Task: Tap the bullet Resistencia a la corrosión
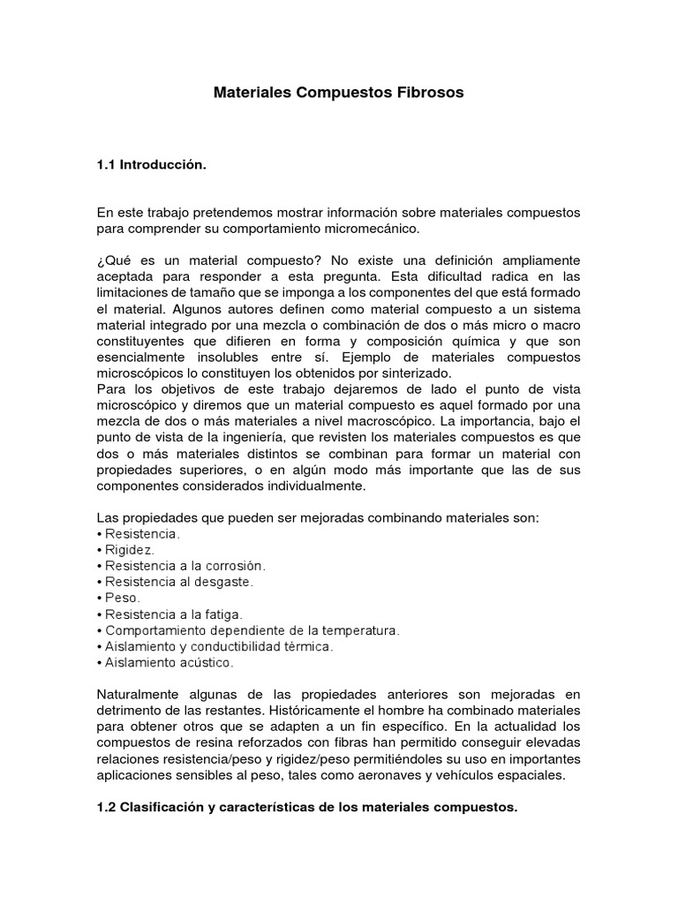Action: coord(185,565)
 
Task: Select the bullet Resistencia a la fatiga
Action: coord(173,613)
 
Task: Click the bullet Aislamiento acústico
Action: coord(169,660)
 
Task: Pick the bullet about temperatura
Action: coord(252,629)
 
